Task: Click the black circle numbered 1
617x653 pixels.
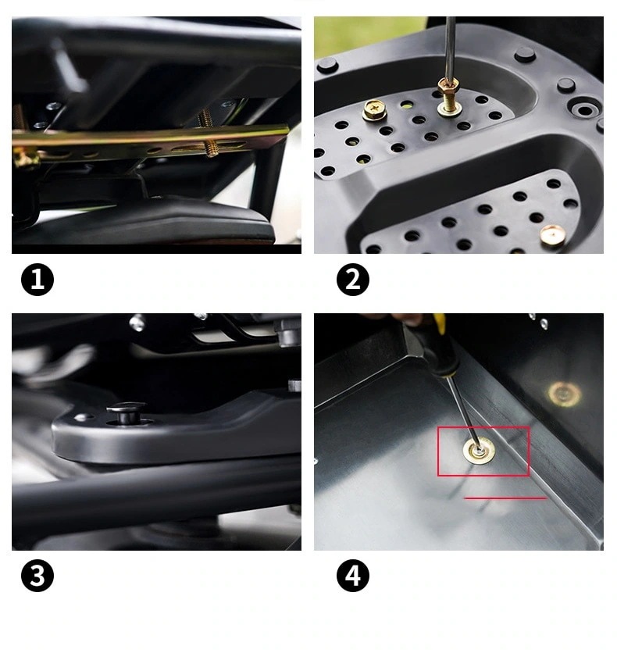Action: (37, 279)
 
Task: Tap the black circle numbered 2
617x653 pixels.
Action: (353, 279)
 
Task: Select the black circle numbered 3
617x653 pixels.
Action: (37, 576)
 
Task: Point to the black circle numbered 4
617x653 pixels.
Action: (353, 576)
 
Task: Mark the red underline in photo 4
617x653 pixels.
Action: (505, 498)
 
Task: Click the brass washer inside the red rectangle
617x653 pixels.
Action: (479, 451)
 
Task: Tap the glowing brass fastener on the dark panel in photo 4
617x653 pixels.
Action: (564, 394)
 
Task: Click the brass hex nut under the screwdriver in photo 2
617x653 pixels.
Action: (448, 86)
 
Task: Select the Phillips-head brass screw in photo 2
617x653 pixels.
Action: (374, 109)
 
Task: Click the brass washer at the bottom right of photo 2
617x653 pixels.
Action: (552, 235)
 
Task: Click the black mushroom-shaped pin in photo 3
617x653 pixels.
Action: (126, 412)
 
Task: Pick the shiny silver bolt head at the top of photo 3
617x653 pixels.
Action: (137, 323)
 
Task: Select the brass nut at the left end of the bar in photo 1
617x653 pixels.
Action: (25, 159)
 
